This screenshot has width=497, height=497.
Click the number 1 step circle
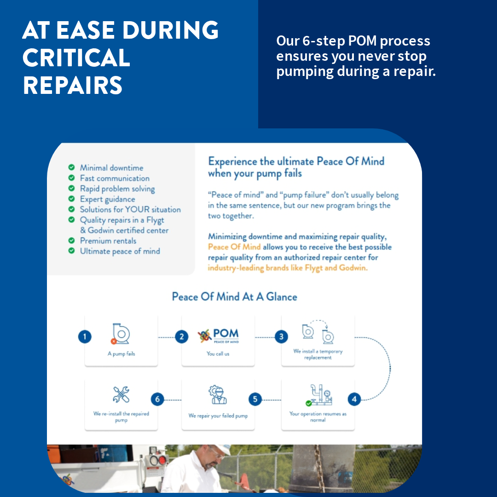coord(85,337)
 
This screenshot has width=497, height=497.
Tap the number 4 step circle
coord(354,399)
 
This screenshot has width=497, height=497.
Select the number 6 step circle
coord(157,399)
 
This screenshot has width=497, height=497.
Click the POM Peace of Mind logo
coord(218,336)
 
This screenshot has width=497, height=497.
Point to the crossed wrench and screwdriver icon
coord(121,394)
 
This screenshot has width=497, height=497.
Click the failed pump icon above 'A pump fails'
coord(121,334)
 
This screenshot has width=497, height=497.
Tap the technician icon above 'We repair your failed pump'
coord(218,395)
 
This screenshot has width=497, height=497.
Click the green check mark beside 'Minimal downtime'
coord(71,168)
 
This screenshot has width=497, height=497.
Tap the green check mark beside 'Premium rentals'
coord(71,240)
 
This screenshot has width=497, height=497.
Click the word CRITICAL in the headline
coord(76,58)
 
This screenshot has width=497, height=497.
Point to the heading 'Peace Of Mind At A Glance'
coord(234,297)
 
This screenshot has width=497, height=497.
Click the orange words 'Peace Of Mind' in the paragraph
coord(234,247)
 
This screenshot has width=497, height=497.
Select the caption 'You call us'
coord(218,354)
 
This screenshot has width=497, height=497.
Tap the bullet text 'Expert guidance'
coord(107,199)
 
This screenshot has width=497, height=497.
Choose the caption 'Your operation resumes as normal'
coord(318,417)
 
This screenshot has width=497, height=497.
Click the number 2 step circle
coord(182,337)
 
